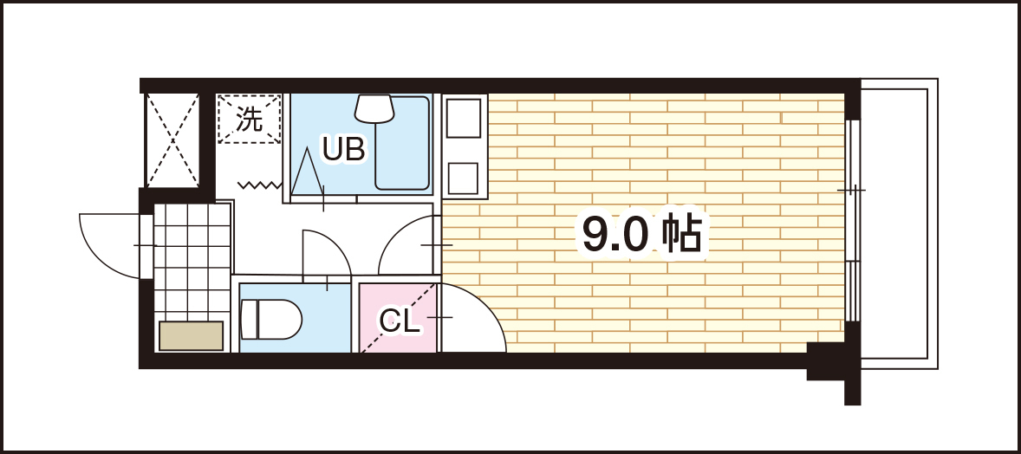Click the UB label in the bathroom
(x=344, y=149)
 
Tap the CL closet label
(x=400, y=321)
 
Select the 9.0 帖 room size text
(x=642, y=234)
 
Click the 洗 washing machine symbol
(x=249, y=119)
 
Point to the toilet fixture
(x=271, y=319)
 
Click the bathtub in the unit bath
(x=402, y=143)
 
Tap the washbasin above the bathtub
(x=374, y=109)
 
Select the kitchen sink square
(x=464, y=118)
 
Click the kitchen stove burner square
(x=463, y=178)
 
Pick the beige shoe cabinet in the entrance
(x=192, y=335)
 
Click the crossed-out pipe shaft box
(x=172, y=140)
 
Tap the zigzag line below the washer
(x=260, y=185)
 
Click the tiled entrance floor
(x=192, y=261)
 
